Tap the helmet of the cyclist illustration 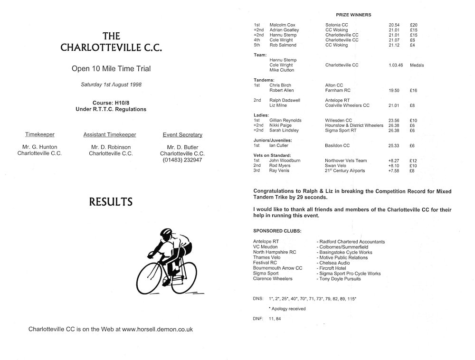tap(166, 233)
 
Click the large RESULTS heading tap(111, 202)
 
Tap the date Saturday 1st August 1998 tap(111, 85)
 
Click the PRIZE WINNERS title tap(353, 15)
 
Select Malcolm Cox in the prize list tap(282, 24)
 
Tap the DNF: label tap(259, 318)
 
